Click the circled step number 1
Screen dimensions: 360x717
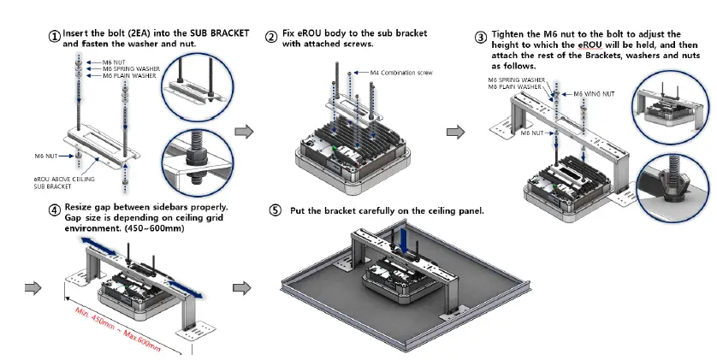(54, 37)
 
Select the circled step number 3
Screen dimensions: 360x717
(481, 37)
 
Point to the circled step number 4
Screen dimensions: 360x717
(54, 210)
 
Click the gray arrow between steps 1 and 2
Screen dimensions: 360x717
(244, 131)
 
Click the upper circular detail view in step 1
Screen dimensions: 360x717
(198, 87)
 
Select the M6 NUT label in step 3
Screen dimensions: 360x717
(532, 133)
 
